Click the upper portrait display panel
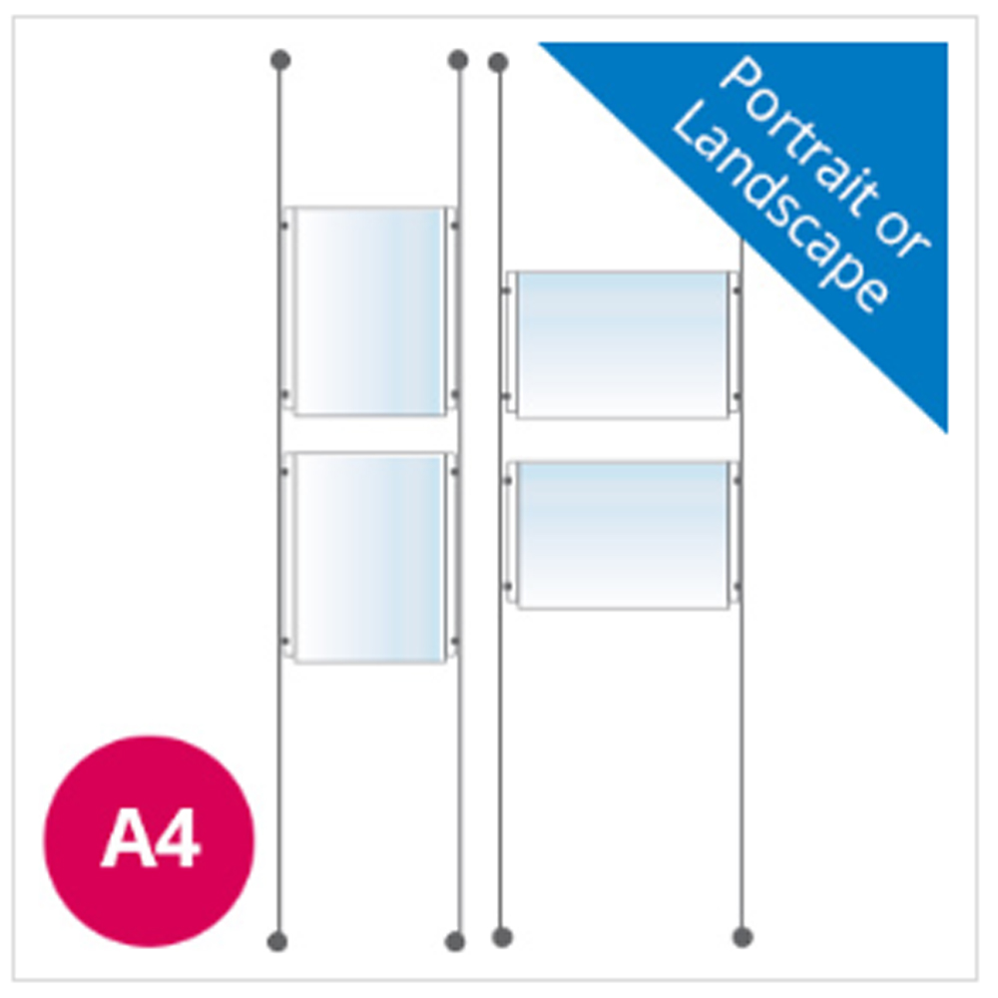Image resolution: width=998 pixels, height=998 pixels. pyautogui.click(x=369, y=309)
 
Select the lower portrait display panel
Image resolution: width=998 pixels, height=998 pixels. pyautogui.click(x=369, y=557)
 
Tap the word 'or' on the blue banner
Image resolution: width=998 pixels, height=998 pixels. pyautogui.click(x=903, y=240)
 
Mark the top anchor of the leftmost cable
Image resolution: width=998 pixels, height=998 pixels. pyautogui.click(x=280, y=60)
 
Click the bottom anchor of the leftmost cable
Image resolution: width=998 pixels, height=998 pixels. pyautogui.click(x=278, y=941)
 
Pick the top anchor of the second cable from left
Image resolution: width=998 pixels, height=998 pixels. pyautogui.click(x=458, y=60)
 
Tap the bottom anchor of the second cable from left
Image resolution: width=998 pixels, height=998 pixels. pyautogui.click(x=456, y=941)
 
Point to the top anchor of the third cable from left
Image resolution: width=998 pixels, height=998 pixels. pyautogui.click(x=498, y=64)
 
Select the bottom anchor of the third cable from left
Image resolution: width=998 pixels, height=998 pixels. pyautogui.click(x=502, y=937)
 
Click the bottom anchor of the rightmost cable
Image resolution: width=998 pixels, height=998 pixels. pyautogui.click(x=743, y=937)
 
